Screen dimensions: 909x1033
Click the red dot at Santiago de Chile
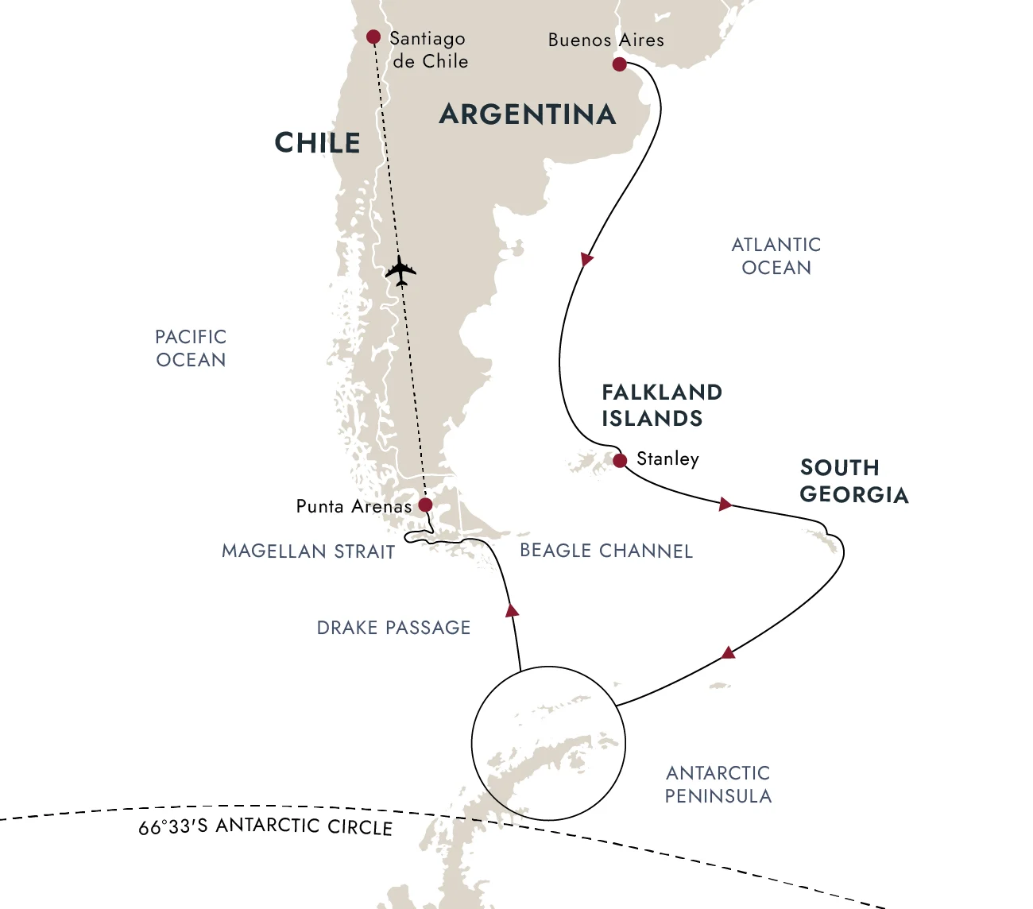point(373,37)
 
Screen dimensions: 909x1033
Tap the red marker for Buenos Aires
point(620,64)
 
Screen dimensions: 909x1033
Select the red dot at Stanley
point(620,460)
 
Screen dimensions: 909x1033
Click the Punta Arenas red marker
point(425,505)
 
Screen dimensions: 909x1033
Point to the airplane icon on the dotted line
point(400,271)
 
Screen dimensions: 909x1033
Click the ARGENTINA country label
point(528,114)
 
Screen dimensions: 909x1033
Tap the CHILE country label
point(317,143)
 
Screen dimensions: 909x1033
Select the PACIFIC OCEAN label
point(191,348)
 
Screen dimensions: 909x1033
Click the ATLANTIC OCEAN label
point(776,256)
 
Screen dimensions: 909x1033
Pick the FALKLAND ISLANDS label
point(661,405)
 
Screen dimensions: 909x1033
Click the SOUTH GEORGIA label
point(853,481)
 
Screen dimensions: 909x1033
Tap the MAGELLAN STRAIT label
point(308,551)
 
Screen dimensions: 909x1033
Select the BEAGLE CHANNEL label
point(606,551)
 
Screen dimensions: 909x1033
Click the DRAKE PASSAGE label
point(393,628)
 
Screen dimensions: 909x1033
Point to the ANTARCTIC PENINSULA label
point(718,784)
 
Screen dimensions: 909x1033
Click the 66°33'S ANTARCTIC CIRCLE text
point(265,826)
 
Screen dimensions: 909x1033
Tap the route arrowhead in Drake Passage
point(513,610)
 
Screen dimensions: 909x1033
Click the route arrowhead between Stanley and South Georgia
point(725,504)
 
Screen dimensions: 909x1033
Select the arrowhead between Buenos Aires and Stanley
point(586,259)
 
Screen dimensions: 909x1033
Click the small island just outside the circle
point(719,686)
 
